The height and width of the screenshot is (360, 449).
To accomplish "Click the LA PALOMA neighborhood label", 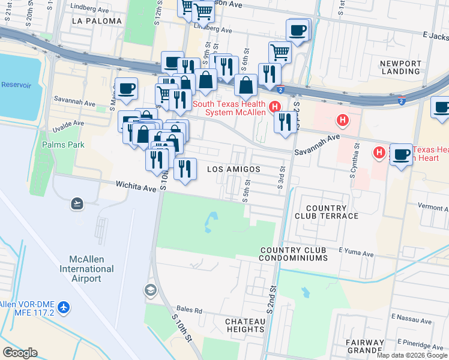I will click(x=96, y=21).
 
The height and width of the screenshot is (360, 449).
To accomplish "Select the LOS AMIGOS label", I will click(x=234, y=170).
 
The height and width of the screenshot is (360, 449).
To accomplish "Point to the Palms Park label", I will click(x=63, y=145).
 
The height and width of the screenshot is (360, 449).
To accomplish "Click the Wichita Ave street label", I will click(x=136, y=188).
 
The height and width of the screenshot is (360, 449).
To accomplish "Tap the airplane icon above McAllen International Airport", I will click(x=76, y=203).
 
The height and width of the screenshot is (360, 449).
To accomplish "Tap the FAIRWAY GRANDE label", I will click(x=365, y=346).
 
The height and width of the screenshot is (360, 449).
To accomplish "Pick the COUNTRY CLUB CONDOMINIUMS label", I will click(x=294, y=254).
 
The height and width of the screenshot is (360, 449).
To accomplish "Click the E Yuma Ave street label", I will click(x=356, y=250).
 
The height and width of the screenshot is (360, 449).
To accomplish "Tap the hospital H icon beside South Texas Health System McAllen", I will click(x=275, y=107).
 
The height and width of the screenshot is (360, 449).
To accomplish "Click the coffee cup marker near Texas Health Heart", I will click(x=401, y=154).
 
